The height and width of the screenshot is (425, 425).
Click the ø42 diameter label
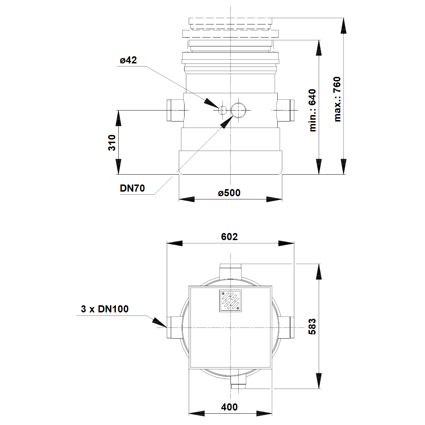point(128,60)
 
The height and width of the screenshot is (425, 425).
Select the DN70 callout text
point(132,188)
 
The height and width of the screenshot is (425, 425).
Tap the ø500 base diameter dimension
point(229,193)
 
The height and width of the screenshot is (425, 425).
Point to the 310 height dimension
point(112,142)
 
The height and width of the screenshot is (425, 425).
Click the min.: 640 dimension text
point(312,110)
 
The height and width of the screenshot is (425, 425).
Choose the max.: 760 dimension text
point(337,99)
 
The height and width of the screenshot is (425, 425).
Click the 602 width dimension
point(229,237)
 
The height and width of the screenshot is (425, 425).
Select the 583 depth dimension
point(312,327)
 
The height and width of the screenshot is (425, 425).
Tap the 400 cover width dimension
point(229,407)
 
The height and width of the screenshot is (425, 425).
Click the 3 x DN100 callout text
point(105,309)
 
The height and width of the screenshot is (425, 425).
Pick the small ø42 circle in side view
point(222,110)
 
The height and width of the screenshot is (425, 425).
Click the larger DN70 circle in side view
point(238,110)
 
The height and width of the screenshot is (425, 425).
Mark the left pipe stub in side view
point(175,110)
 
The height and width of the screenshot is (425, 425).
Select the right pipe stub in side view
point(285,110)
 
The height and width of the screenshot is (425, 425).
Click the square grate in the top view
point(231,301)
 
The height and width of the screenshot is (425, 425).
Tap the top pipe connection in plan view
point(231,271)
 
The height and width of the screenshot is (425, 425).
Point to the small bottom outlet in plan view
point(238,382)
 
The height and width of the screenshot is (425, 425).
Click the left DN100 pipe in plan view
point(175,328)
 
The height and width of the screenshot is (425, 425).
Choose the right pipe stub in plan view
point(286,328)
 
